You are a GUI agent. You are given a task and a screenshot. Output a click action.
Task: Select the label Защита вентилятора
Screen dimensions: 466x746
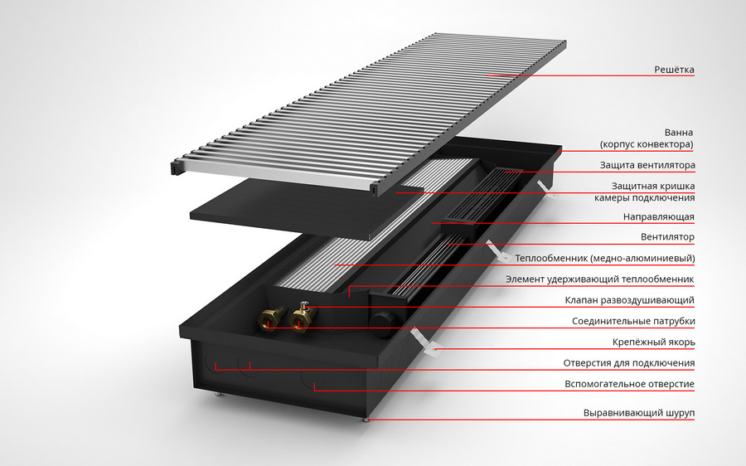[650, 165]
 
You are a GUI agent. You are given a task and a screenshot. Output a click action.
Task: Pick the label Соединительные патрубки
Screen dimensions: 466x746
[633, 321]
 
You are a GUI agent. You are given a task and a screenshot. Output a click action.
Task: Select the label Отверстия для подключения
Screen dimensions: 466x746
[629, 363]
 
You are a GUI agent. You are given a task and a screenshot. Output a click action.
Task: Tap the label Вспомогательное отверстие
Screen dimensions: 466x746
[630, 384]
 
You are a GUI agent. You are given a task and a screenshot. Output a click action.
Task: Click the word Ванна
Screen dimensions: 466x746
[678, 133]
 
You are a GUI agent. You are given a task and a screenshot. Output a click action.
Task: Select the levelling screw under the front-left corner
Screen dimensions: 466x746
[219, 395]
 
